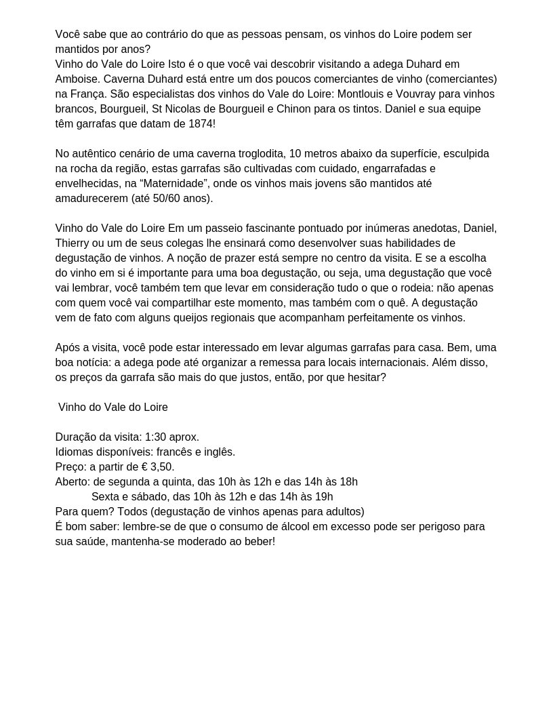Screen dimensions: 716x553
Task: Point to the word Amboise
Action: click(x=77, y=79)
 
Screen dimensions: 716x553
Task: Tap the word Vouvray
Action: click(x=430, y=94)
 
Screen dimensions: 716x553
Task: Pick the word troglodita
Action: click(x=257, y=154)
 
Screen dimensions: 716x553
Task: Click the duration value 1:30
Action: click(x=156, y=437)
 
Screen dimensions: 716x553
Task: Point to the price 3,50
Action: click(x=161, y=467)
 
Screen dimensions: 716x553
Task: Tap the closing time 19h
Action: click(x=324, y=497)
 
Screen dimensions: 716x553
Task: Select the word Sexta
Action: click(x=105, y=497)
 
